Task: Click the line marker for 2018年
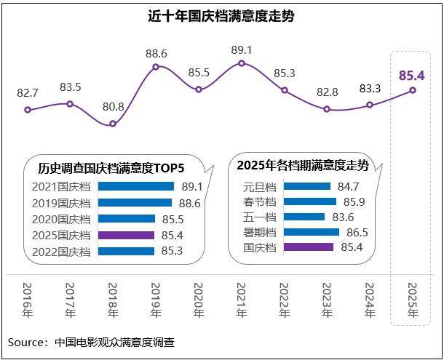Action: (x=113, y=124)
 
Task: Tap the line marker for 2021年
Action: (x=242, y=64)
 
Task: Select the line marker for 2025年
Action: (x=413, y=90)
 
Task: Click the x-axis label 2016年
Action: (x=28, y=300)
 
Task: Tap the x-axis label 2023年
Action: (x=327, y=300)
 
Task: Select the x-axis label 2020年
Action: (x=199, y=300)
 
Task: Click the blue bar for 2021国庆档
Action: (x=135, y=186)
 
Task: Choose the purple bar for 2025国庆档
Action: (x=126, y=235)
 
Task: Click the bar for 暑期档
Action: (x=311, y=232)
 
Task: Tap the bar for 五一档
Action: (x=304, y=217)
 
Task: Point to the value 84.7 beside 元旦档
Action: (x=349, y=186)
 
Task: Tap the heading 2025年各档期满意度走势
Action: (x=303, y=165)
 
